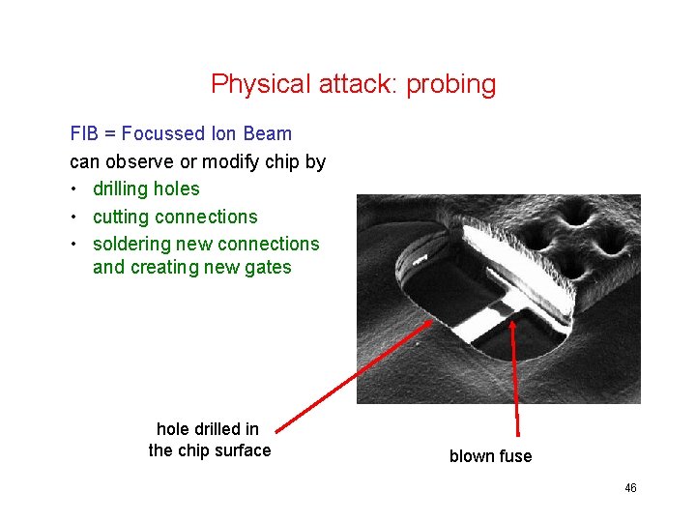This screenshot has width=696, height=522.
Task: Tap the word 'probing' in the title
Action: point(451,84)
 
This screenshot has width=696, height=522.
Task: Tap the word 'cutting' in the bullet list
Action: point(122,217)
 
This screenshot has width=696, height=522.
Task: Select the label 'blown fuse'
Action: point(490,456)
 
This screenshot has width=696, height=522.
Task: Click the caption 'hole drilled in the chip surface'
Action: point(209,440)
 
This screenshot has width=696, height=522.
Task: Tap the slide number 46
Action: point(630,488)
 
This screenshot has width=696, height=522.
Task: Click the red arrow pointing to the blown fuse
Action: point(515,377)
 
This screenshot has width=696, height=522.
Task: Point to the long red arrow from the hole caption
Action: point(348,377)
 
